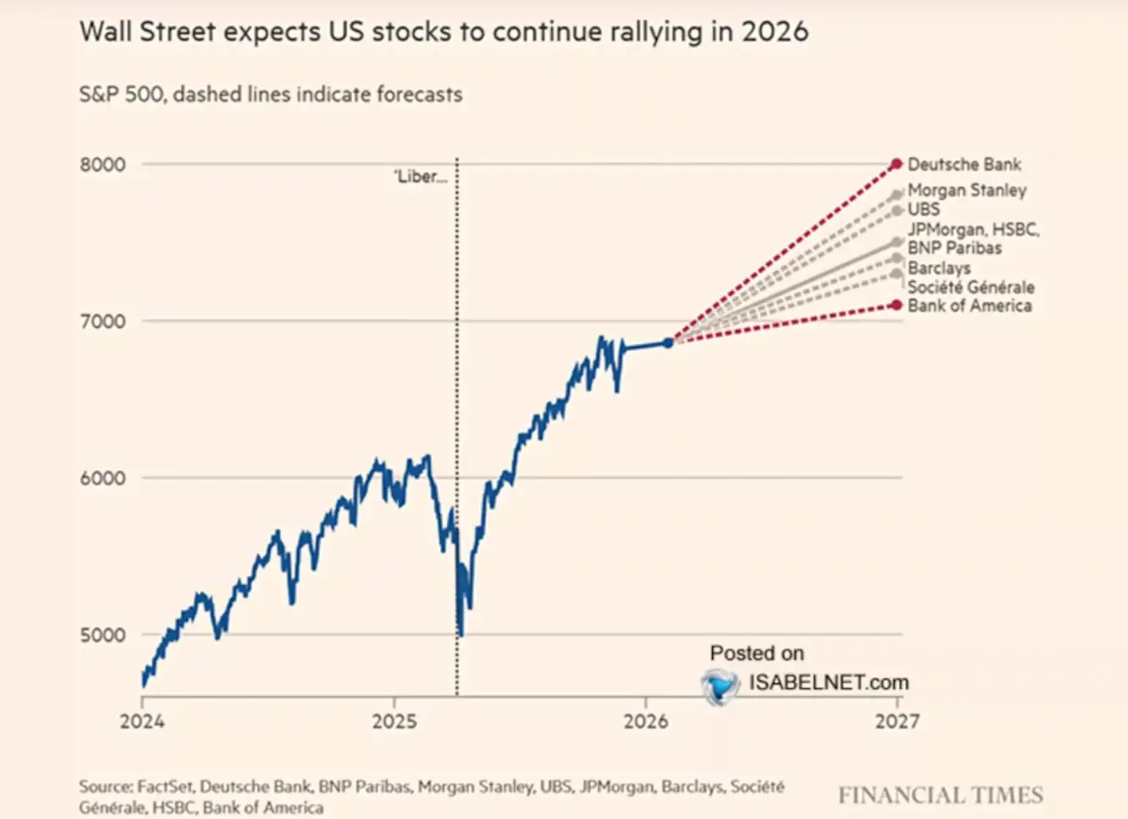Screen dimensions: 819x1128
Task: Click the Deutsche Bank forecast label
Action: click(964, 164)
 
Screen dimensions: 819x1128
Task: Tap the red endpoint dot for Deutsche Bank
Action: click(897, 163)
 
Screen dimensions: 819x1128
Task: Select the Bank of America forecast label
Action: click(969, 305)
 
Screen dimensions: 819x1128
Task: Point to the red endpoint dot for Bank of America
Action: click(897, 305)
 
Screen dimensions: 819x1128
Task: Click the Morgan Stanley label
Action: click(966, 190)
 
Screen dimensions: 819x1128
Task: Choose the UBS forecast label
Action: click(923, 209)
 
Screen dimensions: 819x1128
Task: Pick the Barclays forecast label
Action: click(939, 268)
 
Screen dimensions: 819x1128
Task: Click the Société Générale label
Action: click(971, 286)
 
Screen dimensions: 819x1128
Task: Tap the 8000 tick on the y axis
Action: click(102, 164)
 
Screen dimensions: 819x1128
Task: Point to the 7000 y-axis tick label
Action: click(102, 321)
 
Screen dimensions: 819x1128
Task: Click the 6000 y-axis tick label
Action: click(102, 478)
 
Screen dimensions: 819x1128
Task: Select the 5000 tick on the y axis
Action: click(102, 635)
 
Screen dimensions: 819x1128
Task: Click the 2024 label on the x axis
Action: click(142, 721)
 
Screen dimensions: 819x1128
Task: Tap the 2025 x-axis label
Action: click(394, 721)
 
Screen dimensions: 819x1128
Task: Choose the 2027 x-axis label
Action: click(897, 721)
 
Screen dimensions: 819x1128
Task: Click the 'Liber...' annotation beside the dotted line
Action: click(420, 177)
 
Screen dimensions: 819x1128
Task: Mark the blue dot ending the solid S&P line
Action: click(668, 342)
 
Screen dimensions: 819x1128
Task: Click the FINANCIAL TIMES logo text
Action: click(940, 794)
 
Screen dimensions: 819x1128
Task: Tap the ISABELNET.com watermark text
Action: click(828, 683)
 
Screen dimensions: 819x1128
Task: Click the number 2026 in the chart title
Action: click(777, 32)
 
